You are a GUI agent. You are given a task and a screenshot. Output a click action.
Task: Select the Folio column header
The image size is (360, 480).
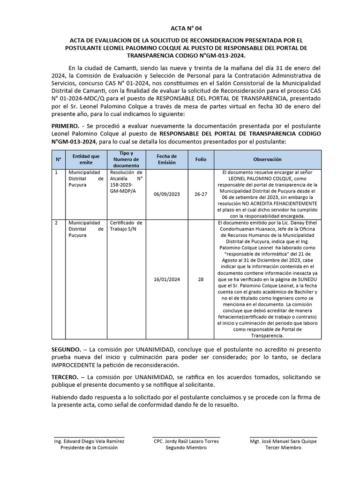click(x=201, y=159)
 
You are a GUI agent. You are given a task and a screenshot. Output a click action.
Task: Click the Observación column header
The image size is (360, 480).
click(x=268, y=159)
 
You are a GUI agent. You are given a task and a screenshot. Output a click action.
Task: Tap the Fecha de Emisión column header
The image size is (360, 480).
click(x=167, y=159)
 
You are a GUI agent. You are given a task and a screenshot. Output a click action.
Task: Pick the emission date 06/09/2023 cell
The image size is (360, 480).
click(x=167, y=194)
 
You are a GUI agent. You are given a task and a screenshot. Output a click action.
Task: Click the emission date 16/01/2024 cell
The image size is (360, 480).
click(x=167, y=279)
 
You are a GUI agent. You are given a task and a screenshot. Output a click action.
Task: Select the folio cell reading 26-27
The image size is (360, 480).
click(x=201, y=194)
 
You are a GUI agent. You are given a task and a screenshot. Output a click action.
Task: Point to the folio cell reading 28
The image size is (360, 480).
click(x=201, y=279)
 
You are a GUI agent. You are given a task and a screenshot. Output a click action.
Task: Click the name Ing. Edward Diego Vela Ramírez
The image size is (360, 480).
click(x=89, y=441)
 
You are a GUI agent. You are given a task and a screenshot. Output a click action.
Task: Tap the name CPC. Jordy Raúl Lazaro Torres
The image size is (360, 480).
click(x=186, y=441)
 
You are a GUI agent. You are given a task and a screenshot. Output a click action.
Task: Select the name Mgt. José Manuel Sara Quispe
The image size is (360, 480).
click(x=283, y=441)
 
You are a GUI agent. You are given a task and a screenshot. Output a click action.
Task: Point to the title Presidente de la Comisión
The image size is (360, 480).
click(x=89, y=448)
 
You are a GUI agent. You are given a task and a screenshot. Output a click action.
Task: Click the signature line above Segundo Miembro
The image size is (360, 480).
click(x=186, y=436)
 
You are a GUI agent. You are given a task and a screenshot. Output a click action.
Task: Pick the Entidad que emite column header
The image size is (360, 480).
click(x=86, y=159)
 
